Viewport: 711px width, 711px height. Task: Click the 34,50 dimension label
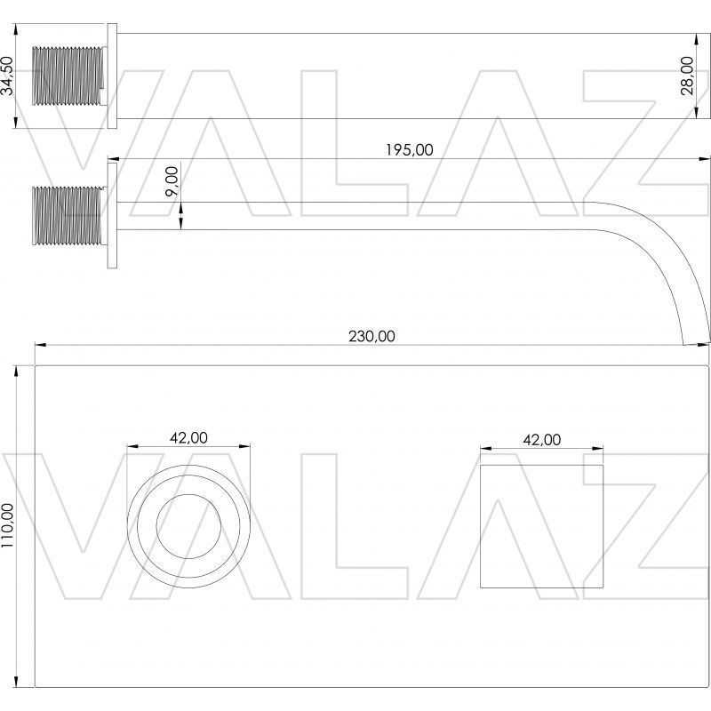8,76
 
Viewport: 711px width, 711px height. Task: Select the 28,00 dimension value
687,76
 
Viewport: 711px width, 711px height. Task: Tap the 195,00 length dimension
409,149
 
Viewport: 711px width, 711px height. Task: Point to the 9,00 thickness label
172,181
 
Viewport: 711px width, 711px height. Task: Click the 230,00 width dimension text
371,336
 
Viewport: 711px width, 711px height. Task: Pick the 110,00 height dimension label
7,525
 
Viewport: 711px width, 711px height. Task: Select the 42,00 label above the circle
188,437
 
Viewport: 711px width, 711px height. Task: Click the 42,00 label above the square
542,439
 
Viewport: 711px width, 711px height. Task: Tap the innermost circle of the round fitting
188,494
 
